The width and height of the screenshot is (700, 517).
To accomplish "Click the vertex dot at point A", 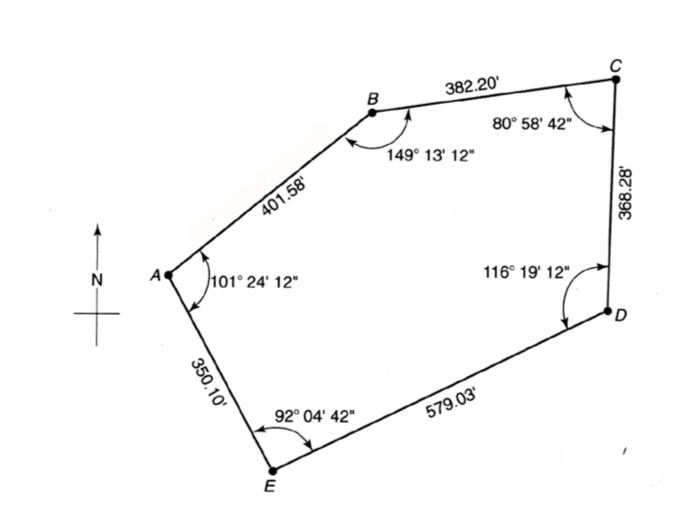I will pyautogui.click(x=168, y=275).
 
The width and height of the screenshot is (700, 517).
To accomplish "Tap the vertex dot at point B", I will pyautogui.click(x=372, y=114).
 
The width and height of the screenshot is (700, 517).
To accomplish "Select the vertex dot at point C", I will pyautogui.click(x=615, y=79).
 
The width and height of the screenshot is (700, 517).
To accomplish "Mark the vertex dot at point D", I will pyautogui.click(x=608, y=311).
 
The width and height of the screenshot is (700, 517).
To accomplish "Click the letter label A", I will pyautogui.click(x=154, y=276).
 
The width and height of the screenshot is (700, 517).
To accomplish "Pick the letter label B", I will pyautogui.click(x=372, y=98).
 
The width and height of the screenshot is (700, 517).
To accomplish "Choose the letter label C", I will pyautogui.click(x=616, y=64).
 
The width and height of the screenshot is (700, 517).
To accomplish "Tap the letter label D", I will pyautogui.click(x=622, y=316).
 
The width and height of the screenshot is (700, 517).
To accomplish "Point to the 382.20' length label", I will pyautogui.click(x=472, y=86).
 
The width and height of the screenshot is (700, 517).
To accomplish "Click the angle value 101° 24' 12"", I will pyautogui.click(x=255, y=283).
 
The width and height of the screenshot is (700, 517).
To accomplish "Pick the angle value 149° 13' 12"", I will pyautogui.click(x=429, y=155).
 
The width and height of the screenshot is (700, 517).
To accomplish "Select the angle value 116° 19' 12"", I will pyautogui.click(x=526, y=273).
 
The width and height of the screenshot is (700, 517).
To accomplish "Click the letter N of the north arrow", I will pyautogui.click(x=96, y=280).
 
